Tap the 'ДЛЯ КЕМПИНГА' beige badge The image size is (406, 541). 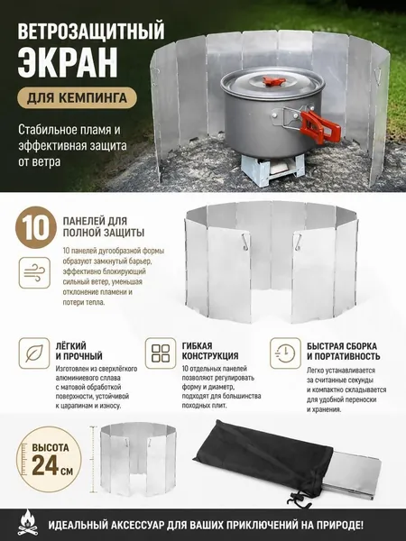pyautogui.click(x=78, y=98)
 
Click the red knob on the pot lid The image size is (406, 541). pyautogui.click(x=271, y=81)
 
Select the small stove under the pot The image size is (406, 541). pyautogui.click(x=272, y=170)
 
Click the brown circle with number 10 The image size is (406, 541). pyautogui.click(x=36, y=227)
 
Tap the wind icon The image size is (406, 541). pyautogui.click(x=34, y=272)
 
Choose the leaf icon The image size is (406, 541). pyautogui.click(x=34, y=353)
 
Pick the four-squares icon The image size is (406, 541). pyautogui.click(x=161, y=353)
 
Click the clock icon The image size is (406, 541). pyautogui.click(x=285, y=353)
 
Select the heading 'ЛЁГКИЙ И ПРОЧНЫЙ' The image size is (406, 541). pyautogui.click(x=79, y=351)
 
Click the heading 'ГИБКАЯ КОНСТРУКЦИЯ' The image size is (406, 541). pyautogui.click(x=210, y=351)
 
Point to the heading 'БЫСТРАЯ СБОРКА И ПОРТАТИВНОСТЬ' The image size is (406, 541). pyautogui.click(x=344, y=351)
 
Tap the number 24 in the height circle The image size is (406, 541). pyautogui.click(x=45, y=466)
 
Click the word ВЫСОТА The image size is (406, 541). pyautogui.click(x=51, y=448)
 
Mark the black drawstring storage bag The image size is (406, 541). pyautogui.click(x=268, y=463)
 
